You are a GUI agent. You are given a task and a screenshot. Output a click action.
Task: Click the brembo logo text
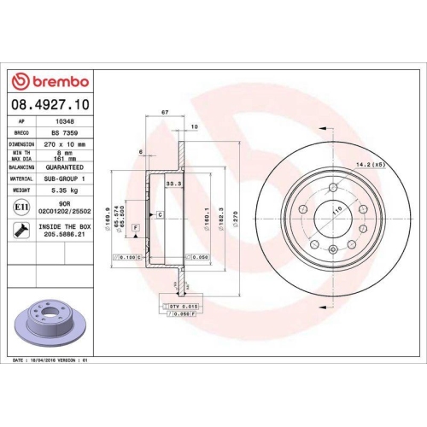click(x=53, y=81)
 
